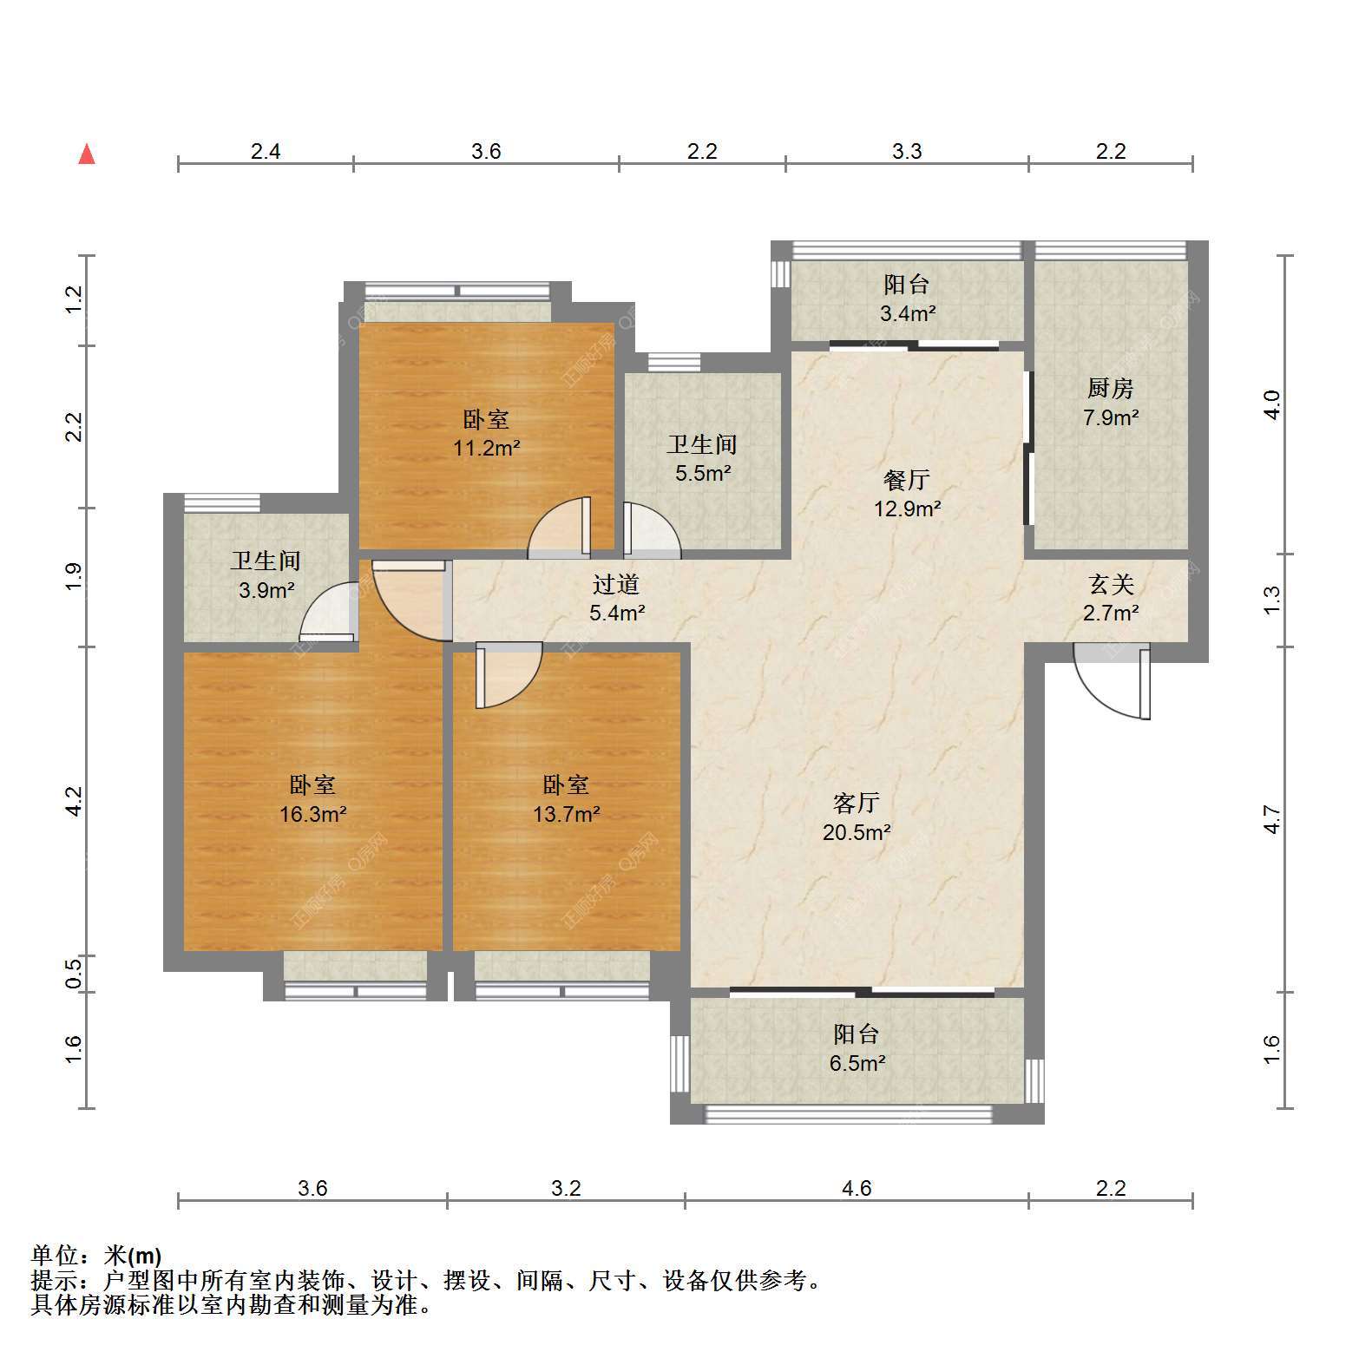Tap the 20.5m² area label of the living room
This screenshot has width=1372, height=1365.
tap(857, 833)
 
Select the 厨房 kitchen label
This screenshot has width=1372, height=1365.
tap(1111, 388)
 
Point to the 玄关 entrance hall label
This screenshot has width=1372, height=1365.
tap(1111, 584)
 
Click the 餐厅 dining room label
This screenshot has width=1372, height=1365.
tap(907, 480)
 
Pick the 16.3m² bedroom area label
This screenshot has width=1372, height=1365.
tap(313, 814)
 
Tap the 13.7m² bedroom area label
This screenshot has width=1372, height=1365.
tap(567, 814)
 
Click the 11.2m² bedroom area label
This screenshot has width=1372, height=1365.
tap(487, 449)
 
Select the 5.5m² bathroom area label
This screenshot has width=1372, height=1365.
tap(703, 474)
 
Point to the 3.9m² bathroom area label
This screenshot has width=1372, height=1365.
tap(266, 591)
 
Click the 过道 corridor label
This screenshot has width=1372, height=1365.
tap(616, 584)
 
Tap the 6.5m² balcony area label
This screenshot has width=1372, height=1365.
tap(857, 1063)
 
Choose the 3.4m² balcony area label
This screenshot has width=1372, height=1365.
tap(907, 313)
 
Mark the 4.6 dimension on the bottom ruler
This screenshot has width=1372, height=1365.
tap(857, 1188)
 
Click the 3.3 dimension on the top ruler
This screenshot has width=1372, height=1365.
tap(907, 151)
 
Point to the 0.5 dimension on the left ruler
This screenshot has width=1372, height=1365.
tap(75, 972)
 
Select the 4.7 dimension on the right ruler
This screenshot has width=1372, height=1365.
tap(1271, 819)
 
